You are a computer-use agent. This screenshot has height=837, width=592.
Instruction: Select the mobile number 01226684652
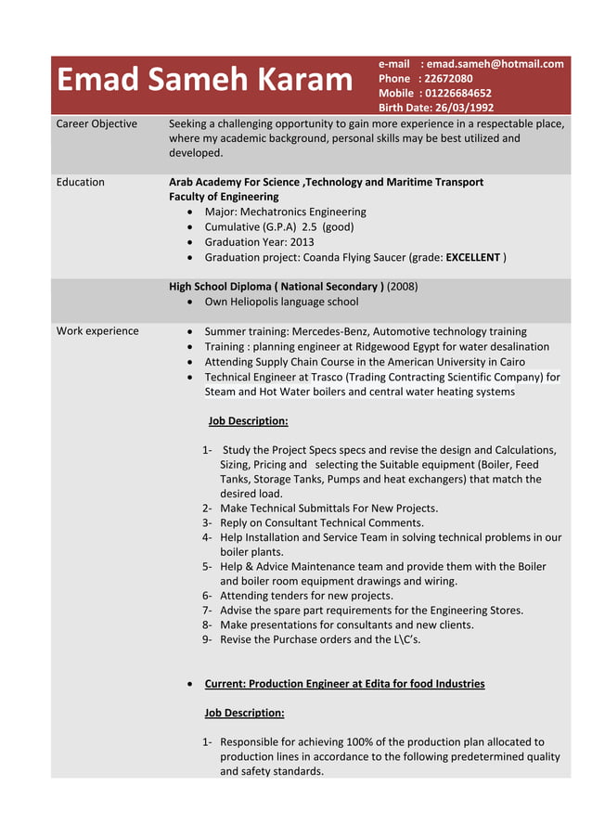pyautogui.click(x=459, y=93)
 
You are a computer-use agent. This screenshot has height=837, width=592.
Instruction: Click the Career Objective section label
pyautogui.click(x=97, y=123)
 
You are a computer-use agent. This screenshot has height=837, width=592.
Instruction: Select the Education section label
pyautogui.click(x=81, y=182)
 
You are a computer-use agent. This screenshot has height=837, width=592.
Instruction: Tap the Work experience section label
pyautogui.click(x=97, y=331)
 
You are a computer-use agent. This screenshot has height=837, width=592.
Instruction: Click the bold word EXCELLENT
pyautogui.click(x=472, y=256)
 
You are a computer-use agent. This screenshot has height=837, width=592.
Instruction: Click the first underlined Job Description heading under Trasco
pyautogui.click(x=248, y=421)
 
